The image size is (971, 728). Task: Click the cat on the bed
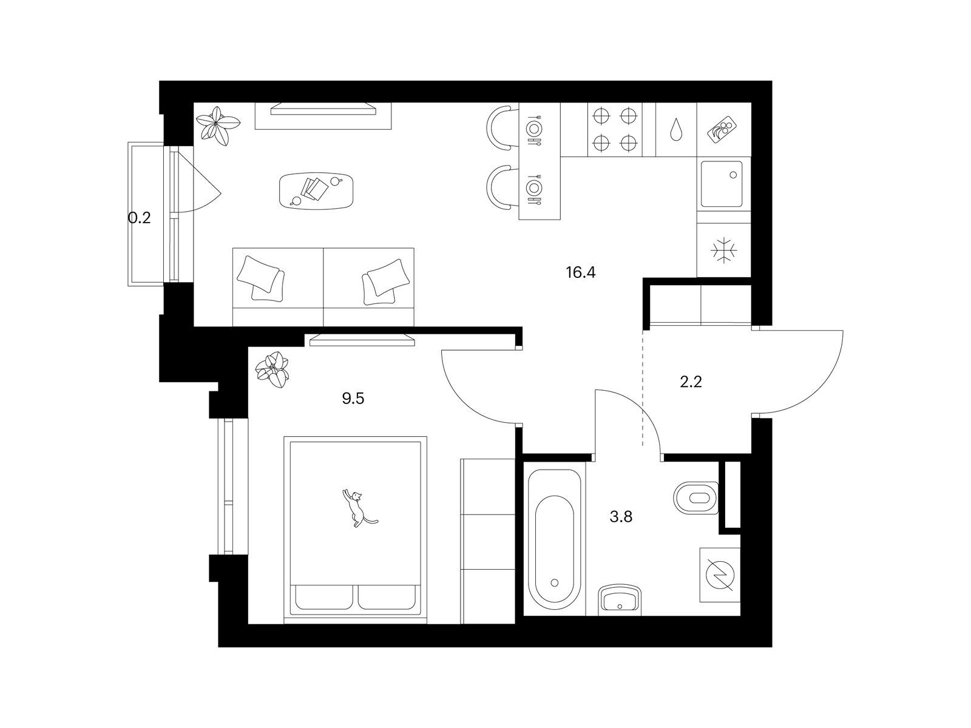358,508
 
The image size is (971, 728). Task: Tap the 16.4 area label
581,272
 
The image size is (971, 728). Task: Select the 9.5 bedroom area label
353,399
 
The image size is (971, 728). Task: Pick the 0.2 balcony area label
140,218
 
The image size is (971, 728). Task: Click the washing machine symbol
720,575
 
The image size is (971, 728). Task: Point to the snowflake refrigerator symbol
724,249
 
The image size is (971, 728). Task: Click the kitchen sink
722,183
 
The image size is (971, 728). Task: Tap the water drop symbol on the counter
676,130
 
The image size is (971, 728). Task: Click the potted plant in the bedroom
273,369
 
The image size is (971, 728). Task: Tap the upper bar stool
501,127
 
